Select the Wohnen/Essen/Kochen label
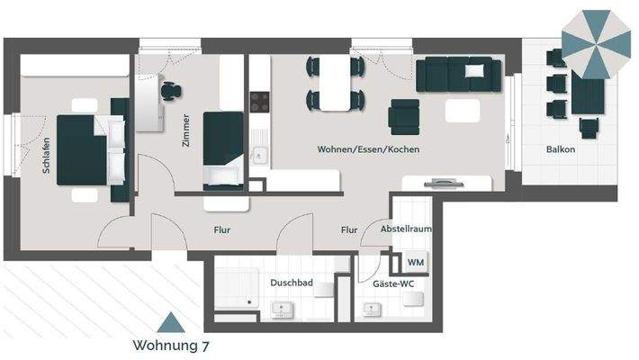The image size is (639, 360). [x=368, y=149]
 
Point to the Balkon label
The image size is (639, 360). [x=560, y=149]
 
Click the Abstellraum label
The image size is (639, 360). [x=407, y=229]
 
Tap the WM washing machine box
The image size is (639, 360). [x=416, y=261]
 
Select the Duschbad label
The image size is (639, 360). [x=291, y=283]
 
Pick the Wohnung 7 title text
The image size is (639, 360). [x=171, y=345]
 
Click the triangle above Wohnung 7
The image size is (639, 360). [x=171, y=320]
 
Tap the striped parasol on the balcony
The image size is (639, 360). [x=597, y=43]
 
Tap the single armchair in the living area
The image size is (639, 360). [x=403, y=114]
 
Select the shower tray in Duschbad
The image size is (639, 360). [x=238, y=290]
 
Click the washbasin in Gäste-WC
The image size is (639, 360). [x=371, y=310]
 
